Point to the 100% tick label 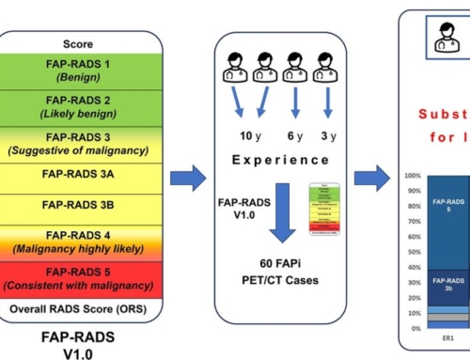click(x=411, y=176)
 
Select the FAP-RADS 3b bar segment click(x=448, y=286)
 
